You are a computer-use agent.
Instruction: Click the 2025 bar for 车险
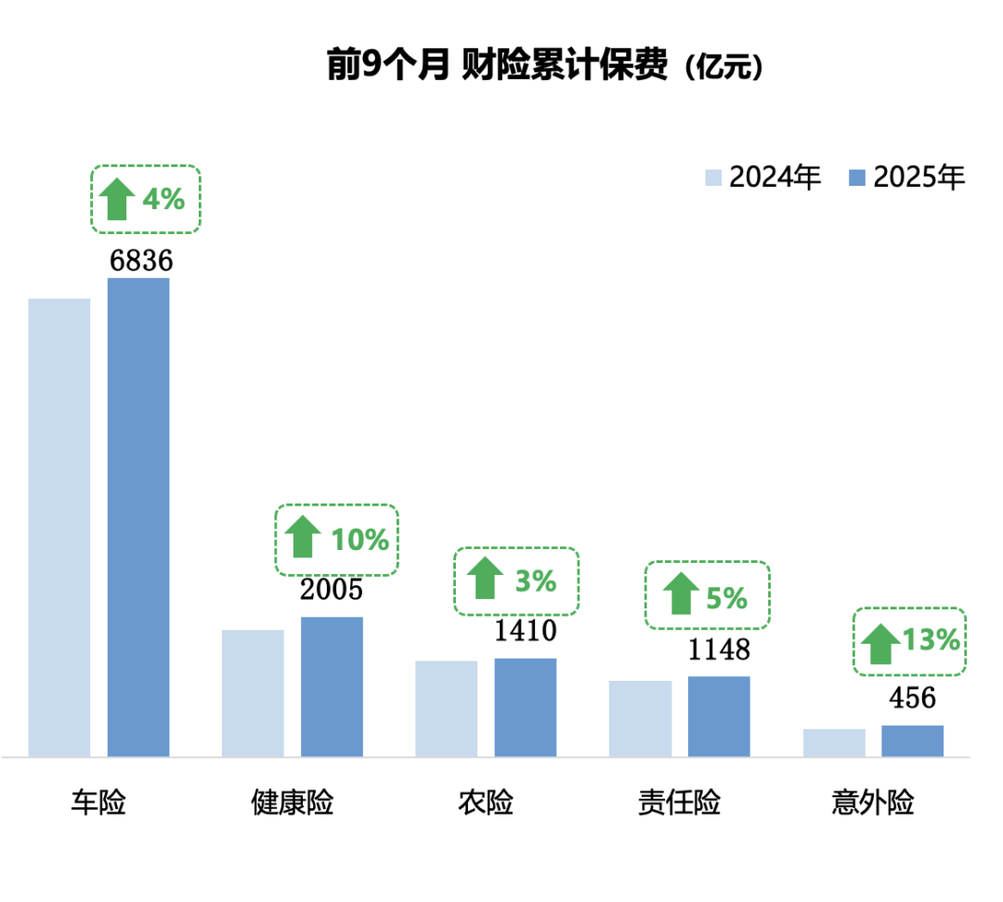(x=138, y=516)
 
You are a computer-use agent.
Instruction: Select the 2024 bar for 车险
(x=59, y=527)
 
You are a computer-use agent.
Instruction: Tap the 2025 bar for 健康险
(x=332, y=686)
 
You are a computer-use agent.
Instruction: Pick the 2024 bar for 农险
(x=447, y=708)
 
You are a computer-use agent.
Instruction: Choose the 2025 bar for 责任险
(x=719, y=715)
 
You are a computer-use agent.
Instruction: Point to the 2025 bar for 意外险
(x=912, y=740)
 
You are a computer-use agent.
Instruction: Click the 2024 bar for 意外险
(x=834, y=742)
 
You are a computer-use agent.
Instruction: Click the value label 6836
(x=141, y=261)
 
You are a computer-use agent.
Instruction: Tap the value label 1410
(x=525, y=632)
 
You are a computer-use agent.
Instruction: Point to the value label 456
(x=911, y=698)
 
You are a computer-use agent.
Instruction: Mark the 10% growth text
(x=360, y=540)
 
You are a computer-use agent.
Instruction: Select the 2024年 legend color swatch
(x=714, y=177)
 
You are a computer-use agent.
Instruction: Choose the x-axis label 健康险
(x=293, y=803)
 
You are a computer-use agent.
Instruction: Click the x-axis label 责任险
(x=679, y=803)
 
